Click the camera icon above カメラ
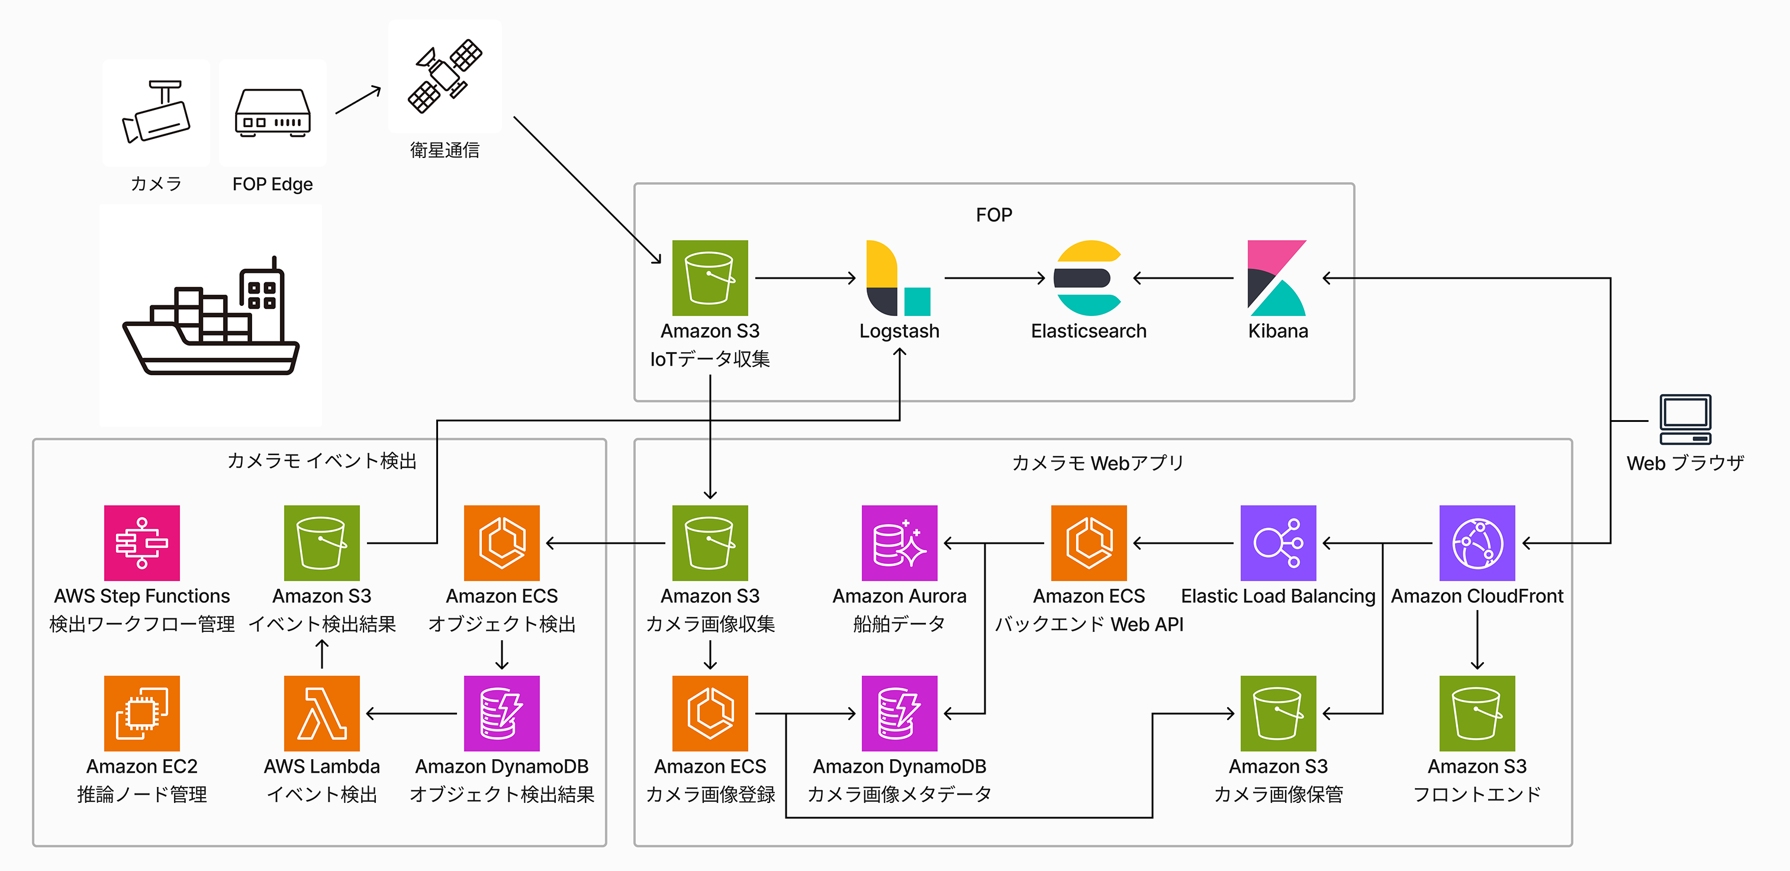(x=156, y=112)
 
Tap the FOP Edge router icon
(x=272, y=113)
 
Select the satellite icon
(x=445, y=76)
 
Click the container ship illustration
(x=211, y=316)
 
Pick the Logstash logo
(x=899, y=278)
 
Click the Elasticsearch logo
(x=1088, y=278)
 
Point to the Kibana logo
(x=1277, y=278)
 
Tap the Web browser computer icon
(x=1685, y=420)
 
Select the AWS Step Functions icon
(x=141, y=543)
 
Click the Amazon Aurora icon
(x=899, y=543)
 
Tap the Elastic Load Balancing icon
(x=1278, y=543)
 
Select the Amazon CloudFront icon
(x=1477, y=543)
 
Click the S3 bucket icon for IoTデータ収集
(x=710, y=278)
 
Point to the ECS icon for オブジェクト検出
(x=502, y=543)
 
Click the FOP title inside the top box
(x=994, y=215)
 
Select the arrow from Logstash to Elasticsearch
(x=994, y=278)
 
